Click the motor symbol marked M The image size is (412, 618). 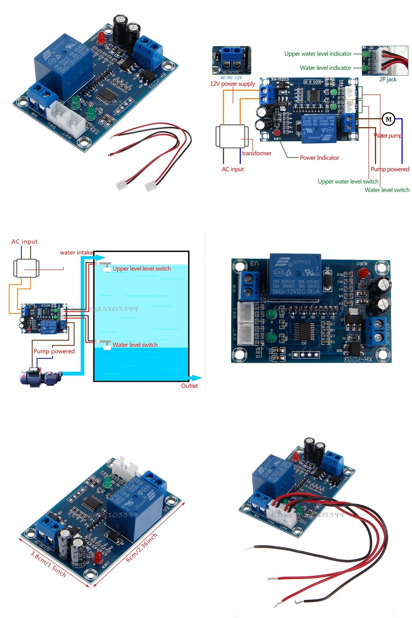pos(388,119)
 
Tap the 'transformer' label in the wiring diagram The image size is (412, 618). pos(256,153)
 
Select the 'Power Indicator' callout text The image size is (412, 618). pos(319,158)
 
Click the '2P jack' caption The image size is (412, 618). pos(388,79)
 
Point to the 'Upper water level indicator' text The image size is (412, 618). pos(318,54)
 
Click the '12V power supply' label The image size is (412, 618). pos(232,84)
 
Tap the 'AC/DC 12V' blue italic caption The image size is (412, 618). pos(231,78)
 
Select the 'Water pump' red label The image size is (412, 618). pos(388,136)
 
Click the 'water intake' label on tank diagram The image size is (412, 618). pos(76,253)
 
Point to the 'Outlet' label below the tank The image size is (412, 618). pos(189,386)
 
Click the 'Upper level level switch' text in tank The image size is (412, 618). pos(142,269)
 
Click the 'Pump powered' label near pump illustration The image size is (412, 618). pos(54,351)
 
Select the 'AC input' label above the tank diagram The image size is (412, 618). pos(24,242)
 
